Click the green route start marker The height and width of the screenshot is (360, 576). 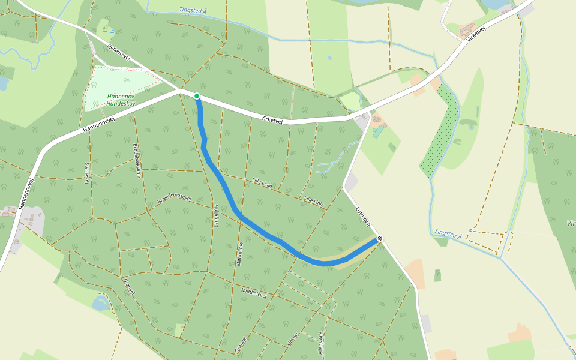click(x=196, y=96)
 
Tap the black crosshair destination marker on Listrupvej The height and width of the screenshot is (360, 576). click(x=380, y=239)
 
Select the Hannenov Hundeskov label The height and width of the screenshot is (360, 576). click(x=121, y=100)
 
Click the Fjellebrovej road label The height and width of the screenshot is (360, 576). click(x=118, y=52)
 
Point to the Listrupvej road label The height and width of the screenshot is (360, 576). click(x=364, y=217)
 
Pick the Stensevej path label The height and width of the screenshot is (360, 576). click(x=87, y=172)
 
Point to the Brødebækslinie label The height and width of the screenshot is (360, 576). click(x=136, y=161)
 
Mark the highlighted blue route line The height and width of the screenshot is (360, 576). click(x=228, y=192)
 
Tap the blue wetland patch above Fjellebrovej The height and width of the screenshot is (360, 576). click(x=104, y=28)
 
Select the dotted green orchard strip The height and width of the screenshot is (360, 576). click(x=438, y=132)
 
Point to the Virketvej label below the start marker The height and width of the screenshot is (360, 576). click(x=272, y=119)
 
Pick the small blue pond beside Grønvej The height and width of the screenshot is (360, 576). click(x=100, y=303)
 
